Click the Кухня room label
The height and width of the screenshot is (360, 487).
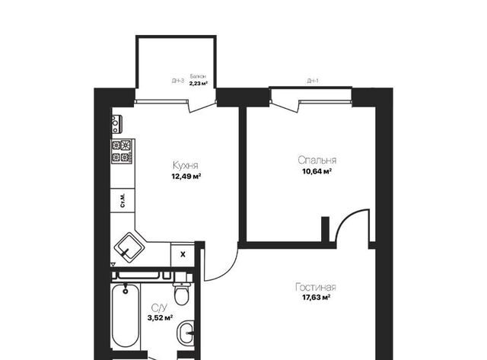(186, 165)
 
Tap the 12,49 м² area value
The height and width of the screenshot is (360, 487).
(186, 177)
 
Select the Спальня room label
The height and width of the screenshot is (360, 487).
(317, 160)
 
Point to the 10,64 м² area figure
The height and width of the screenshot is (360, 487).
(317, 171)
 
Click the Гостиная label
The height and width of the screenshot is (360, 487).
(316, 287)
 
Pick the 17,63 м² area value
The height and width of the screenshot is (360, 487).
(317, 298)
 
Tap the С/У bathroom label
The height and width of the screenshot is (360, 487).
(159, 307)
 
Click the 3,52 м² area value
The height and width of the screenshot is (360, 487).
(160, 317)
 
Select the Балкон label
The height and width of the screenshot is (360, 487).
(198, 76)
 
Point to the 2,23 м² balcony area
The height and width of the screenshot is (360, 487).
(199, 83)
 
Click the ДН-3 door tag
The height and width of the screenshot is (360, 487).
(177, 81)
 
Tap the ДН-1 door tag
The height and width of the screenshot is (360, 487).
(313, 81)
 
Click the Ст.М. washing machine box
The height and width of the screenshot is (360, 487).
(123, 200)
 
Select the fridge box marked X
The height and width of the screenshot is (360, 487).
(183, 254)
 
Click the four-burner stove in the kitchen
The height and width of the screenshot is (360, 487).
(122, 151)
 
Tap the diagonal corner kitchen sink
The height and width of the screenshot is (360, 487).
(129, 247)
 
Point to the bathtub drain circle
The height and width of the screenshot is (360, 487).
(126, 292)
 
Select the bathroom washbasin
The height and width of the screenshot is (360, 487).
(185, 333)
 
